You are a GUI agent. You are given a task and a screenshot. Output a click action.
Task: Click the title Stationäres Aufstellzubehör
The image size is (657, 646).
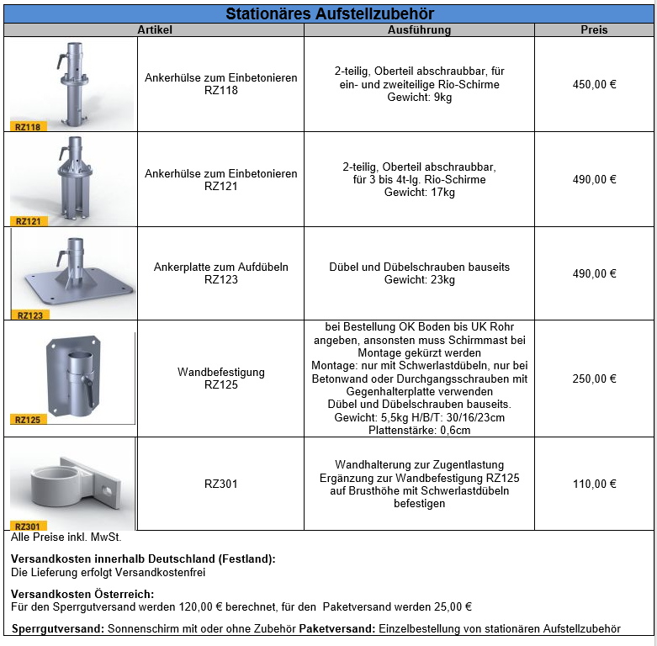tap(330, 14)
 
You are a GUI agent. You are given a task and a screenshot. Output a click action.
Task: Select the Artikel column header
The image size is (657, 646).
tap(155, 30)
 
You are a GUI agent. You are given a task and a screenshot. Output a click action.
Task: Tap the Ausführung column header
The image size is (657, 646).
tap(419, 30)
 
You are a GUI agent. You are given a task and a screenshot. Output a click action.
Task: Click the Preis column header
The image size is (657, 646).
tap(594, 30)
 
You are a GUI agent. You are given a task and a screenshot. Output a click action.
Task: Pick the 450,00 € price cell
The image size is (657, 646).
tap(594, 84)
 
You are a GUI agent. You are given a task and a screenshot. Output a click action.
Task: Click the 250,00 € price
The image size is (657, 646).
tap(594, 379)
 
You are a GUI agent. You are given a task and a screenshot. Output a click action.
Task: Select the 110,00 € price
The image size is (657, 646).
tap(594, 484)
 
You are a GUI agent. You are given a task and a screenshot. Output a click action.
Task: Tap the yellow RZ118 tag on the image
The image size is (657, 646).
tap(28, 127)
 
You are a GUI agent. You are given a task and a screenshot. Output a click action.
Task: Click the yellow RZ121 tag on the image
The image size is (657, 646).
tap(28, 221)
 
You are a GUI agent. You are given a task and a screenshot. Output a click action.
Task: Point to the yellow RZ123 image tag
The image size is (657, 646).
tap(30, 315)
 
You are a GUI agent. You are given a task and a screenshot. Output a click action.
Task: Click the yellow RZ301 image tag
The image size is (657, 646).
tap(28, 527)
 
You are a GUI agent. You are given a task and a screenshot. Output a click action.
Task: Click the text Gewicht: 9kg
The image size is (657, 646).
tap(419, 98)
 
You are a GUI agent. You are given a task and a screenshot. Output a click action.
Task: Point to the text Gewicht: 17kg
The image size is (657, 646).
tap(419, 193)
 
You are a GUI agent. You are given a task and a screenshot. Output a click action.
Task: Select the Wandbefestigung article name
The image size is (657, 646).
tap(221, 372)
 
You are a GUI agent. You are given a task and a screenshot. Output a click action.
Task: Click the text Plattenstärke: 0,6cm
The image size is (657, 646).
tap(419, 431)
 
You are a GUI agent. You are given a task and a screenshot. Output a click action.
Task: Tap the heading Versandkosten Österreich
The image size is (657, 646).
tap(82, 594)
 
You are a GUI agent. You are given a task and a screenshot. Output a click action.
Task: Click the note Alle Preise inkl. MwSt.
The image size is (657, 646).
tap(66, 537)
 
